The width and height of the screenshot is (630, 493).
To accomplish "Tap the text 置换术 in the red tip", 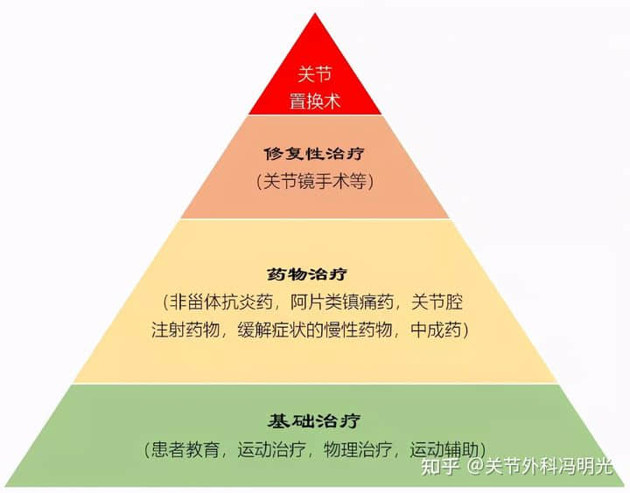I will [315, 101].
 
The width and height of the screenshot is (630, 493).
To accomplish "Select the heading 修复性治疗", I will [315, 154].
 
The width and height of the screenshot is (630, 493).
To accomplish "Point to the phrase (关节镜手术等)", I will [315, 182].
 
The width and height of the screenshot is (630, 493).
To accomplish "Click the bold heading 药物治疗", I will [315, 274].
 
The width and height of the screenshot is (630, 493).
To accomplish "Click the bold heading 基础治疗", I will [315, 420].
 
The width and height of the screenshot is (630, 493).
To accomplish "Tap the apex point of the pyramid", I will [315, 13].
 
